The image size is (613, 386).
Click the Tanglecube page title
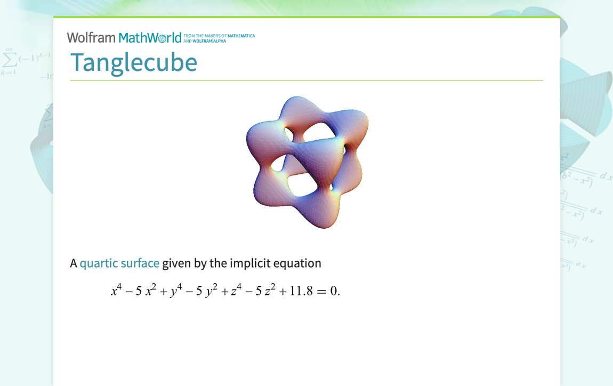(x=134, y=62)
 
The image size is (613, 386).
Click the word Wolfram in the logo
(x=91, y=37)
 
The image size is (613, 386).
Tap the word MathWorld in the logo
(x=150, y=37)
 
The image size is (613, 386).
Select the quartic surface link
(x=119, y=263)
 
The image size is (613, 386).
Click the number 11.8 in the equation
(x=302, y=292)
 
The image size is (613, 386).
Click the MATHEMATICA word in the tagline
(x=241, y=36)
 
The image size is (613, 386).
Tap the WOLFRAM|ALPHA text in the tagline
(x=213, y=41)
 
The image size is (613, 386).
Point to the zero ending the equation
(x=334, y=292)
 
